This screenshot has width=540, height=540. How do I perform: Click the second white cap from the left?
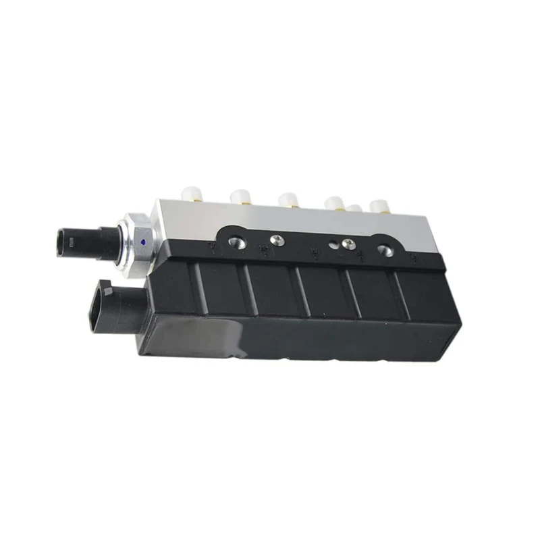pos(240,196)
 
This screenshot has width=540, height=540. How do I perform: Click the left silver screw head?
pos(275,239)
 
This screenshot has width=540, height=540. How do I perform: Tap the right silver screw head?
pos(348,244)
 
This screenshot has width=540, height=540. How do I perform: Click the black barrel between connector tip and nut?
pos(101,243)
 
